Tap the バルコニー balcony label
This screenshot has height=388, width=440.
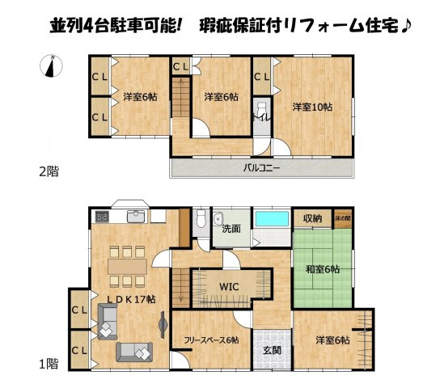261,169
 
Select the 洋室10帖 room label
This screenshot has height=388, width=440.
311,106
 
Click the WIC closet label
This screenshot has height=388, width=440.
230,286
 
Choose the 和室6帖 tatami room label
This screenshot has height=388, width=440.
323,269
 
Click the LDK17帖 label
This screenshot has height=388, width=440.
132,298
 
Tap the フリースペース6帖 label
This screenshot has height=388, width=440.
210,340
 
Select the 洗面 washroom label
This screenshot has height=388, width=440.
232,229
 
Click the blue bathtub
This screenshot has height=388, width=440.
272,218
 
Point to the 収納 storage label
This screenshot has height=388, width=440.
313,217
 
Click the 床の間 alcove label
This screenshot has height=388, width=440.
344,217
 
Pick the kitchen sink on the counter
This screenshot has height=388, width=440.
136,216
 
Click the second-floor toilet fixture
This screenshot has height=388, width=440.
261,111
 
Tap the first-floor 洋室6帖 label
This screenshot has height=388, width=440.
332,340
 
